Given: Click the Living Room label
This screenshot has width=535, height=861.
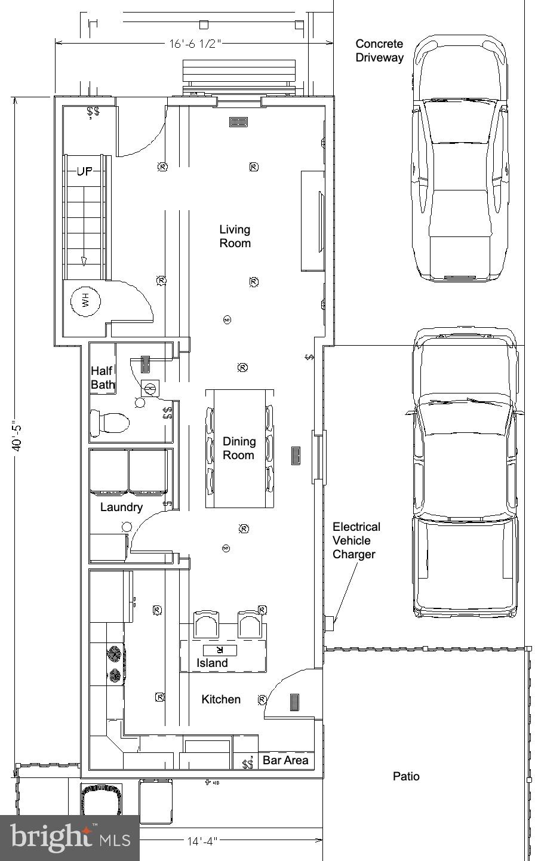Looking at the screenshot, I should click(235, 236).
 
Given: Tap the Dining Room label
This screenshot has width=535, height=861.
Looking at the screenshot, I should click(239, 448).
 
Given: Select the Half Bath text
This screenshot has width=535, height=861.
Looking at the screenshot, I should click(102, 377).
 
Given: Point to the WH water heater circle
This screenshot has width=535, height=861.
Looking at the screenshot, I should click(85, 302).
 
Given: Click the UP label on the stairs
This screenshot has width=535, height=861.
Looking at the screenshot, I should click(84, 171).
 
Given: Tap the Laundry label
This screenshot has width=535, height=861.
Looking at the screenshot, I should click(121, 507).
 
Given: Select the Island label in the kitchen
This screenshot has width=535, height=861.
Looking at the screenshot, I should click(212, 663).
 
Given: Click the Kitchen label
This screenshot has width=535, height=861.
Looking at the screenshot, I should click(221, 699).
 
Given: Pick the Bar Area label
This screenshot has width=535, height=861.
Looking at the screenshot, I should click(285, 760).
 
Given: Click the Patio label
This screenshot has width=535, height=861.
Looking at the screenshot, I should click(406, 776).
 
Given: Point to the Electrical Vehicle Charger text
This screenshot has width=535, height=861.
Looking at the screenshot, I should click(356, 540).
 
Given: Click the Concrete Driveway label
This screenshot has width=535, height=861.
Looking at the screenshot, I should click(379, 51).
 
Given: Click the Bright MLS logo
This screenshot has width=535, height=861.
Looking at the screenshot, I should click(70, 838).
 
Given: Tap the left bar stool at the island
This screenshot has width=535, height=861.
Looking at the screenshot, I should click(206, 625).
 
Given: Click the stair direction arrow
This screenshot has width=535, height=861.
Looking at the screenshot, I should click(84, 260).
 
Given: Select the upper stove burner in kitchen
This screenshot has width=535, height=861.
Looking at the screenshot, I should click(115, 654).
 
